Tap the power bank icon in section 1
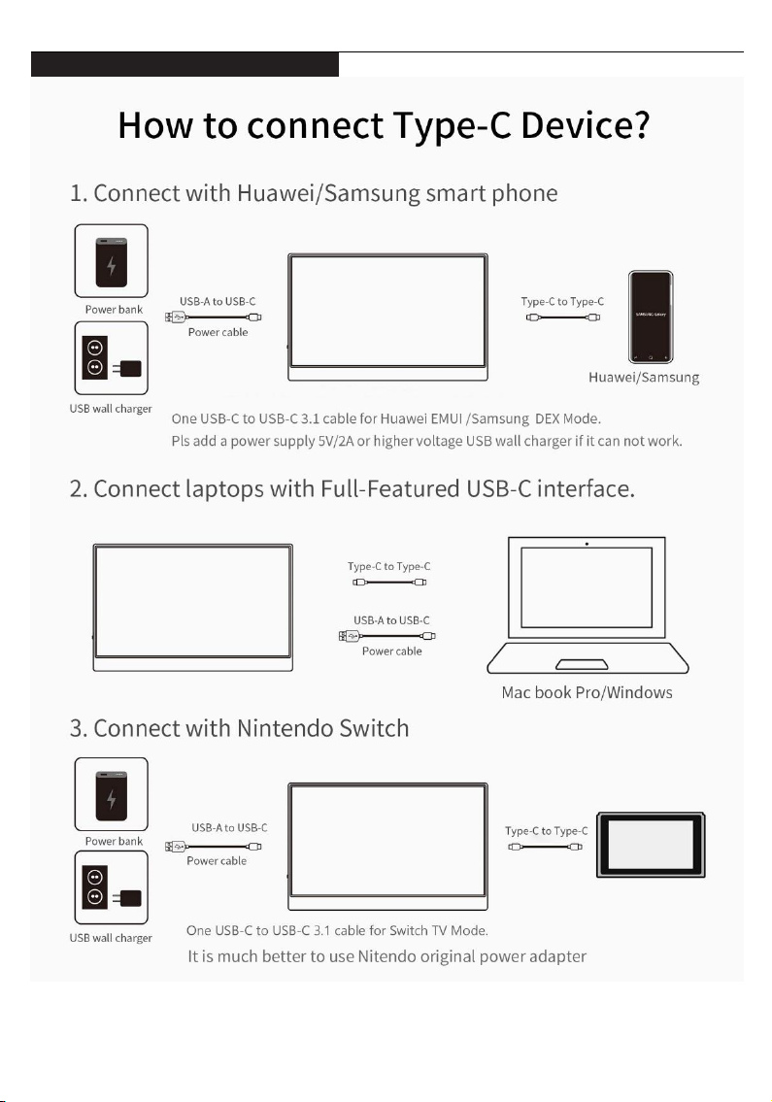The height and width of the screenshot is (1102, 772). [112, 260]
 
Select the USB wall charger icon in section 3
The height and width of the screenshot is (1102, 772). [112, 888]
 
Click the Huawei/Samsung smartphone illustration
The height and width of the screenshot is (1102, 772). [651, 316]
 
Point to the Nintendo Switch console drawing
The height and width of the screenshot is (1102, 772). [651, 844]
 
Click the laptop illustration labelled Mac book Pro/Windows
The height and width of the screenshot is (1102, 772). [587, 605]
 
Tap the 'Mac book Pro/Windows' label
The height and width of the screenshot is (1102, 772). [587, 692]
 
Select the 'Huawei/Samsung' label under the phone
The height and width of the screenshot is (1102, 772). [646, 377]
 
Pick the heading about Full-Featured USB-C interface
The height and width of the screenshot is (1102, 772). [352, 488]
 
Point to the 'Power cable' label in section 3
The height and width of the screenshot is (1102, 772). [217, 860]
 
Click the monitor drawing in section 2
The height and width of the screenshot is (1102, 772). [192, 607]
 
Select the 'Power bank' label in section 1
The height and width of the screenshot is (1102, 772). [114, 310]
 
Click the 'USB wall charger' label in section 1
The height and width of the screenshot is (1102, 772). [111, 408]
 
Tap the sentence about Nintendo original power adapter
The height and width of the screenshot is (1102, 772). [386, 957]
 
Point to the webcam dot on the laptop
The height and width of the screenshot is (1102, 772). [587, 543]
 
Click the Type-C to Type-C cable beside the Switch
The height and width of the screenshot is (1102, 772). [547, 847]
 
